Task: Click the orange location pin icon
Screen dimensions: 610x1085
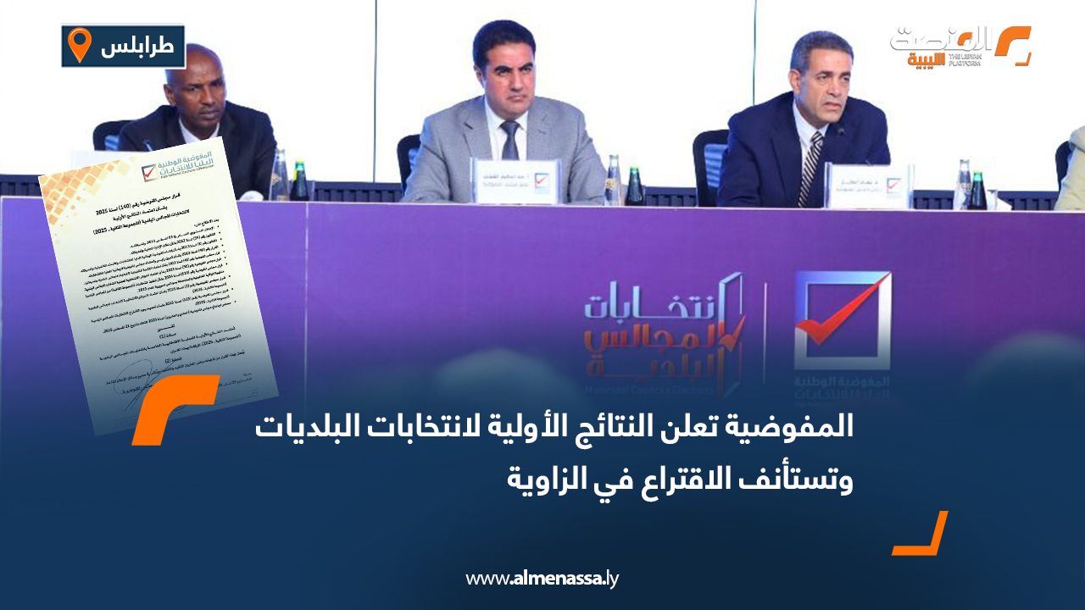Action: (x=79, y=45)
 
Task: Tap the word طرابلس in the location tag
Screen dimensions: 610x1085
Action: (x=137, y=47)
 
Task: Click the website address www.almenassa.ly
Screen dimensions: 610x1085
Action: (x=543, y=579)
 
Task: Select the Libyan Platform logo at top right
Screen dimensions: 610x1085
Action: (x=960, y=46)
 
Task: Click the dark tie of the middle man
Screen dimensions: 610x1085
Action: (x=509, y=141)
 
